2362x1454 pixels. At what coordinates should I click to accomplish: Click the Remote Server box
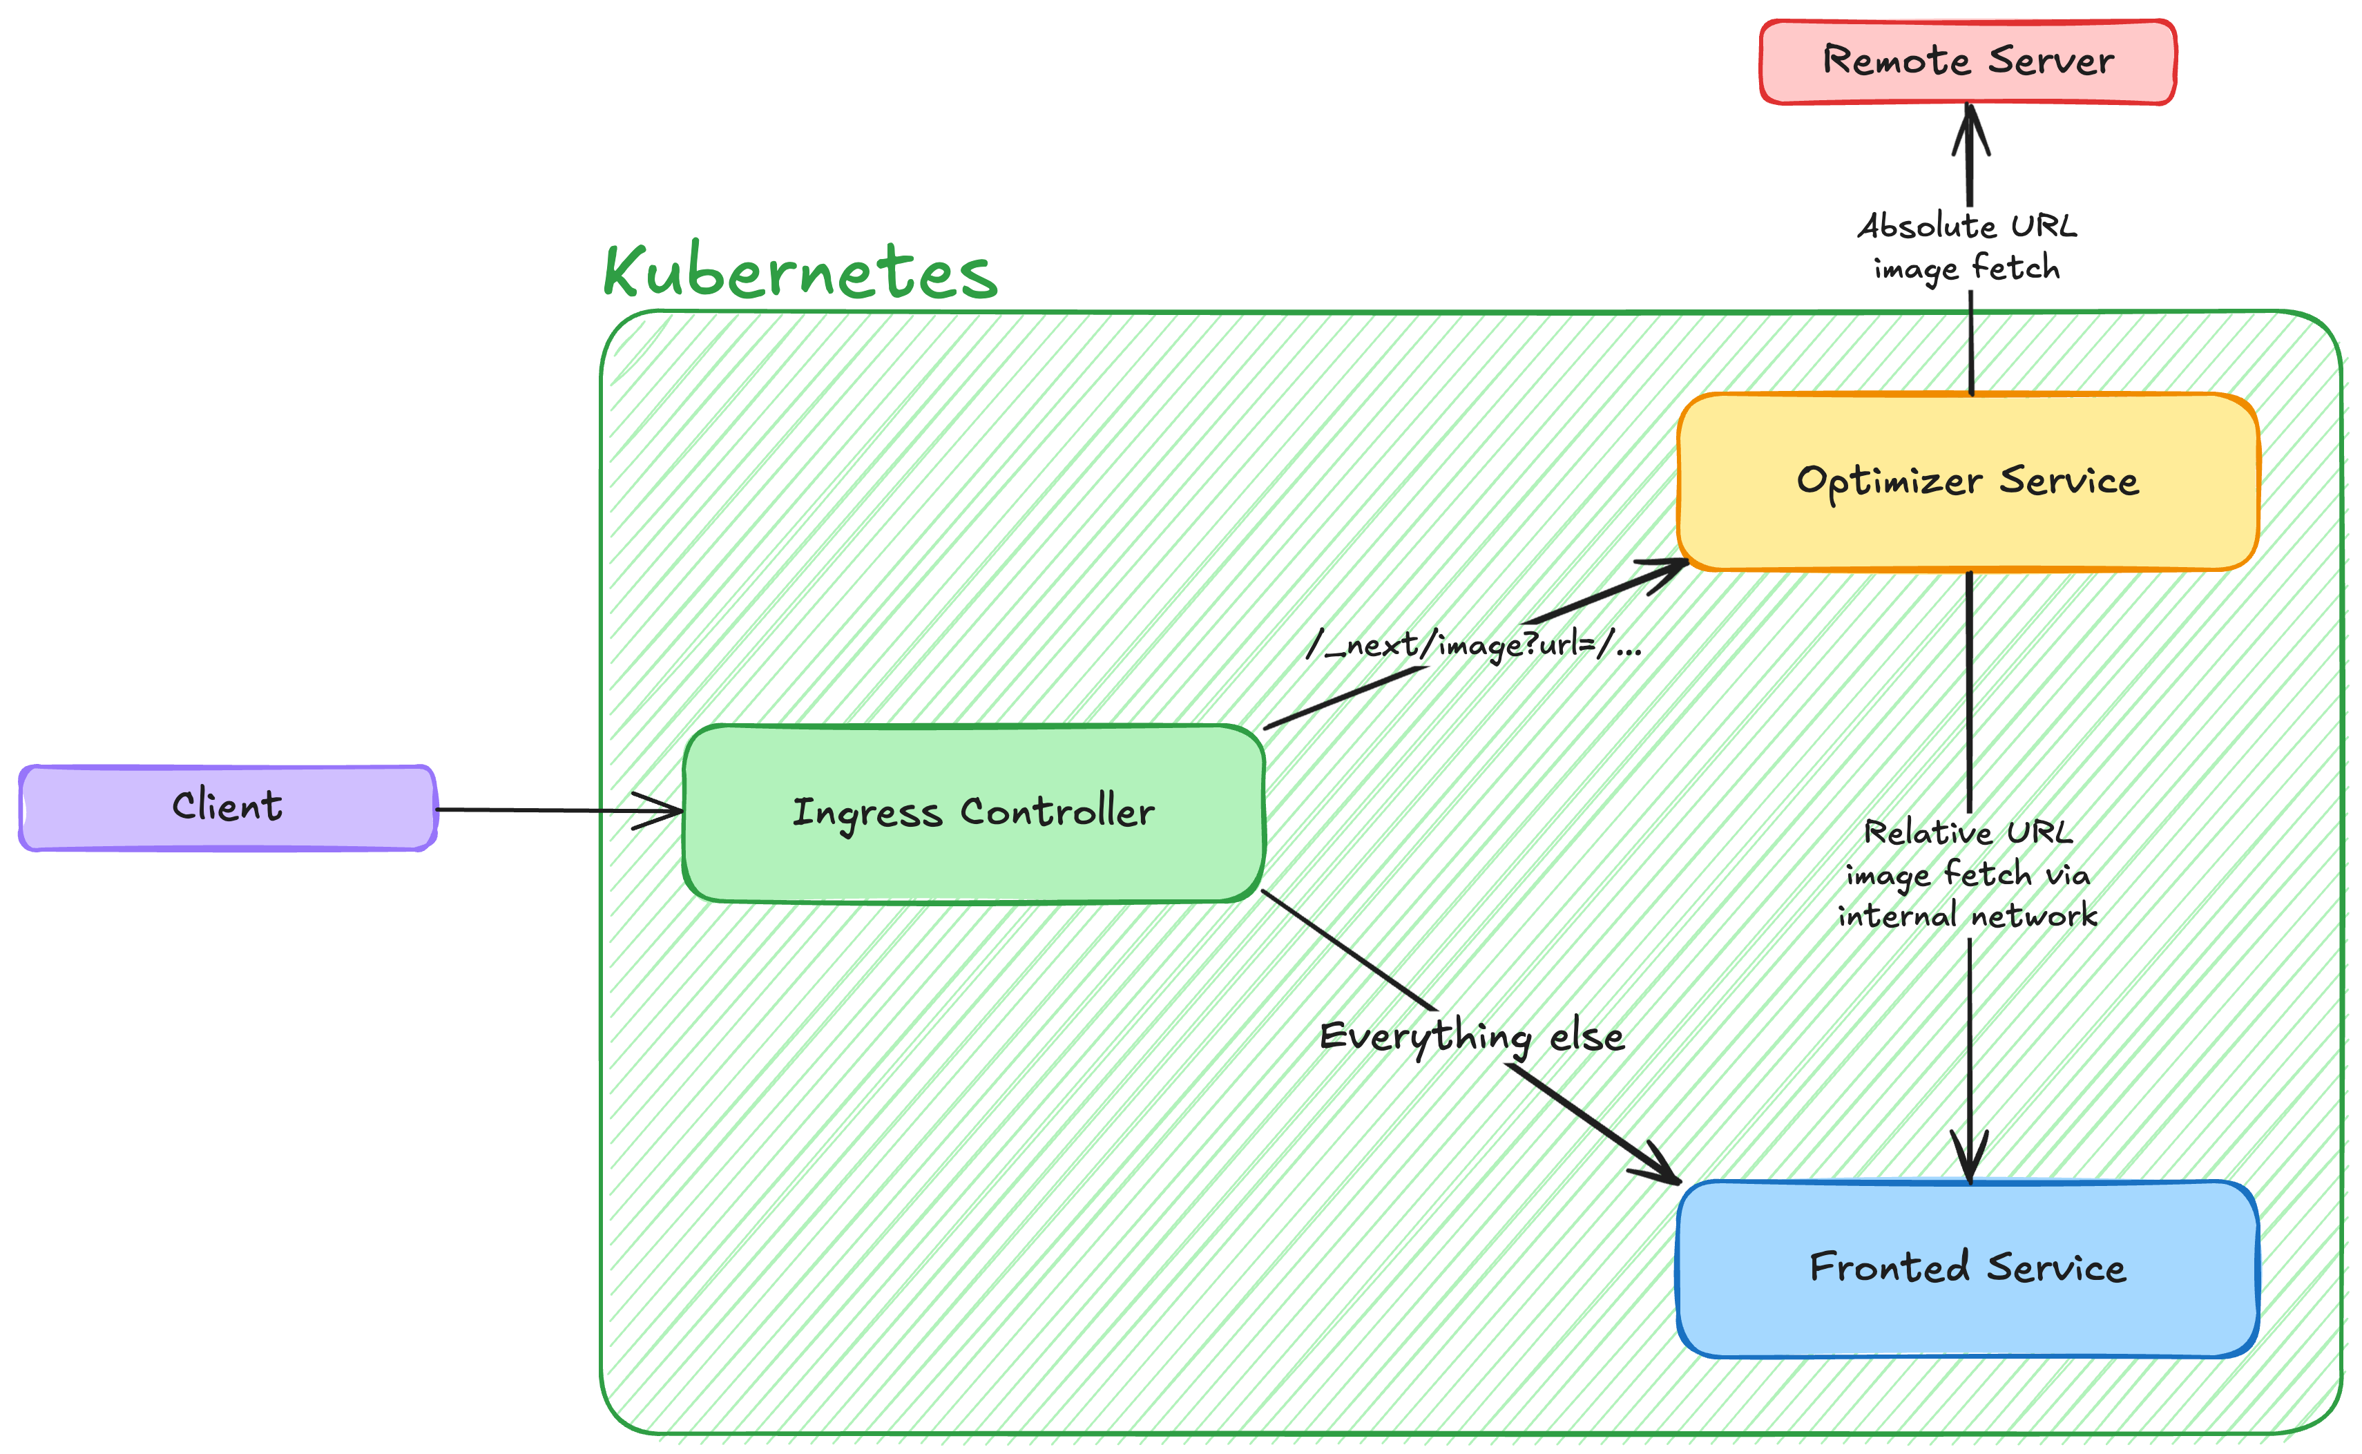(1967, 61)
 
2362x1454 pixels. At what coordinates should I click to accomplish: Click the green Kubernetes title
(800, 273)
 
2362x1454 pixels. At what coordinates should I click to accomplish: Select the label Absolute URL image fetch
(1967, 247)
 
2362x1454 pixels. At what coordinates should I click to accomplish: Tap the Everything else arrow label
(1471, 1037)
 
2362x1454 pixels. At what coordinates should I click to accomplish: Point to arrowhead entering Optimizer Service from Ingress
(1668, 569)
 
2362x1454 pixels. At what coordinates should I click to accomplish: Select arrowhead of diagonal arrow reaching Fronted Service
(1663, 1169)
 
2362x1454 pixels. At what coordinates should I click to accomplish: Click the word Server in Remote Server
(2051, 61)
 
